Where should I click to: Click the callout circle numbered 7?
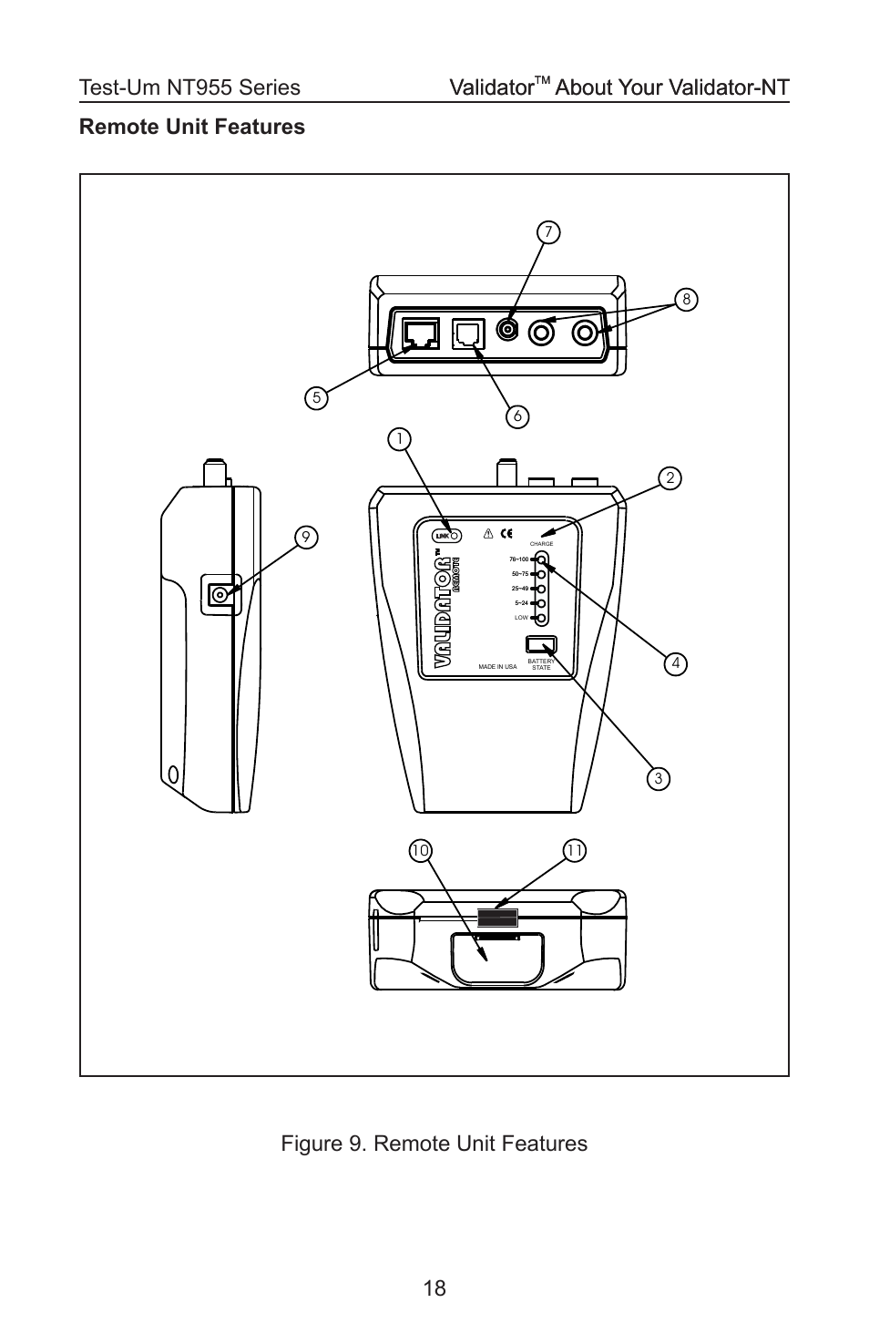(x=547, y=232)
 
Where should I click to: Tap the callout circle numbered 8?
(x=686, y=300)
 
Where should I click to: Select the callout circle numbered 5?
(x=316, y=397)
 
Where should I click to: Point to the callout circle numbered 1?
(x=398, y=439)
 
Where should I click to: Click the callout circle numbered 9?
(x=307, y=539)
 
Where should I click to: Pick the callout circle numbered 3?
(x=658, y=778)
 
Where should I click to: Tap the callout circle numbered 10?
(x=419, y=851)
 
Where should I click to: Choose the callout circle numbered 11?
(x=574, y=851)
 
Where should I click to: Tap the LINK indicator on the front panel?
(x=449, y=536)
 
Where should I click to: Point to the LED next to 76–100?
(x=542, y=559)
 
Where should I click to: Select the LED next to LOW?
(x=542, y=618)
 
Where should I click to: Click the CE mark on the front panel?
(x=506, y=534)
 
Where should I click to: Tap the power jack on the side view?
(x=219, y=595)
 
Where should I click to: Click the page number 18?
(x=434, y=1288)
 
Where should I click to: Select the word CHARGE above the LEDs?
(x=541, y=544)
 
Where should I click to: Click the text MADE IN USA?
(x=497, y=667)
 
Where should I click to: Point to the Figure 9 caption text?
(x=434, y=1143)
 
